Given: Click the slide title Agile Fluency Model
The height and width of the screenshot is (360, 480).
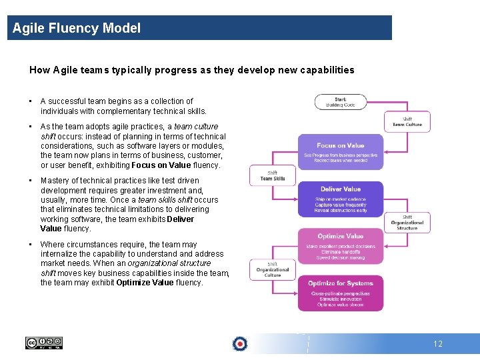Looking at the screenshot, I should (77, 28).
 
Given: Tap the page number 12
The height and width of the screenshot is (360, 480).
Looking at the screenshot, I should (437, 344).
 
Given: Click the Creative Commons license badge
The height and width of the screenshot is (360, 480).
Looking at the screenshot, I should (43, 343).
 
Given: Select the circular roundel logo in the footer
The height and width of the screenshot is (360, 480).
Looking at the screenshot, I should (240, 343).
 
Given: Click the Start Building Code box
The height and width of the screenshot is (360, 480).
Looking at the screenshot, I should (340, 102).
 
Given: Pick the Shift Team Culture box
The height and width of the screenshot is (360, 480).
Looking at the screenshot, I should (407, 122).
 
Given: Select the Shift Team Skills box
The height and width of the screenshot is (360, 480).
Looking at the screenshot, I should (272, 175).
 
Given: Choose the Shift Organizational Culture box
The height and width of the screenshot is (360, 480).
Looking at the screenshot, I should (272, 269).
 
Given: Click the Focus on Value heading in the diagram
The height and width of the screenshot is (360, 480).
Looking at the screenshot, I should (340, 145).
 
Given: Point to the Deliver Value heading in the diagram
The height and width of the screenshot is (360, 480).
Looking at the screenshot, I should (340, 189).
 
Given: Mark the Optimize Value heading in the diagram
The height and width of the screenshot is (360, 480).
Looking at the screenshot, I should (340, 236).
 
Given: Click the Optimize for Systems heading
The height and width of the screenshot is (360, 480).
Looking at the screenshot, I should (340, 283).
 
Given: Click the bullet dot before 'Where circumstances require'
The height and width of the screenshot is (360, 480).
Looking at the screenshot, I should (31, 245).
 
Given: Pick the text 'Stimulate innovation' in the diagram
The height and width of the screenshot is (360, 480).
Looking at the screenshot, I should (340, 299).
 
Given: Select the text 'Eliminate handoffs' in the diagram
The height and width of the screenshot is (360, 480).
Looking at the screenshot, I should (340, 252).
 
